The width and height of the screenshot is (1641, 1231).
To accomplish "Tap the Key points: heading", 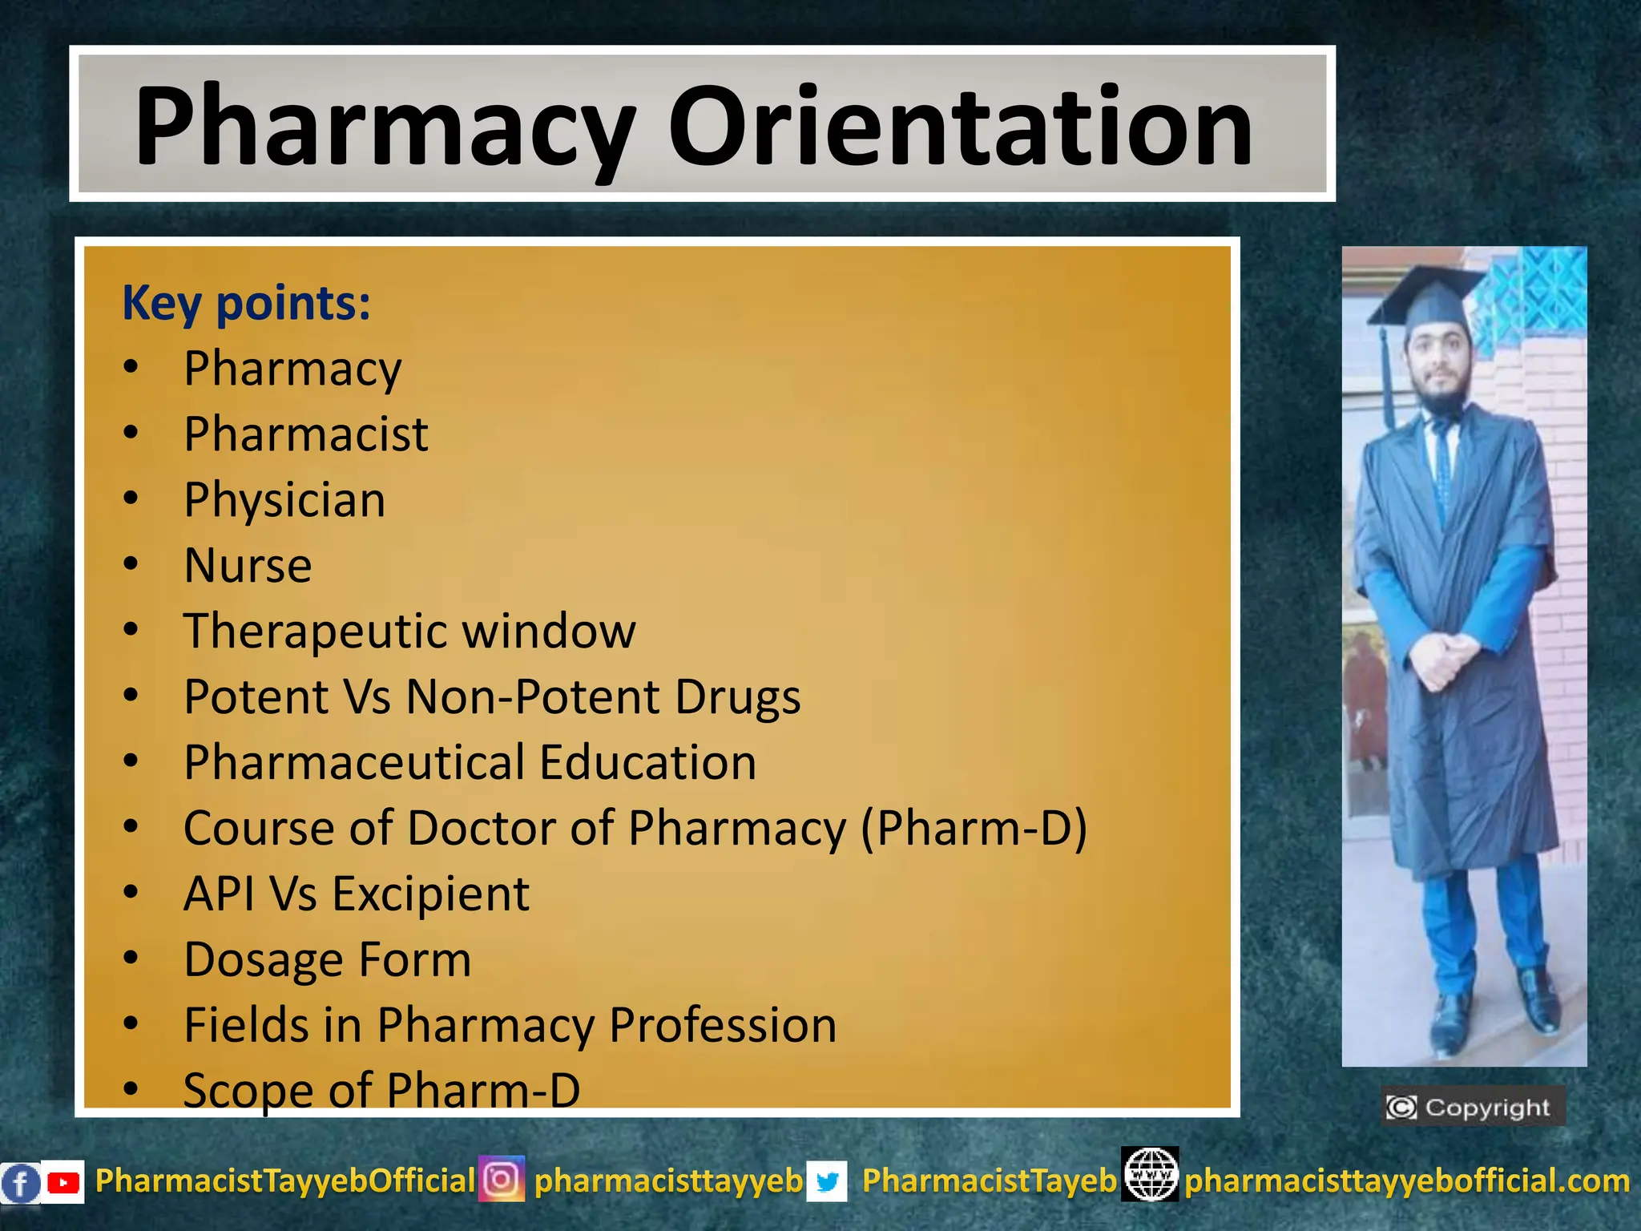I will point(246,304).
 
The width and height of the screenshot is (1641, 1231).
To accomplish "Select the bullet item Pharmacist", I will point(305,434).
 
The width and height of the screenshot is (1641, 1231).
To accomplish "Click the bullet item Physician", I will point(284,500).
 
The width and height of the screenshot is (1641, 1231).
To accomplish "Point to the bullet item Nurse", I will point(248,566).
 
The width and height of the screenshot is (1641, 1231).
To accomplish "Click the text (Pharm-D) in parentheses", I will point(974,828).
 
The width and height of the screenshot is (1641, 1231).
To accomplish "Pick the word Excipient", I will point(430,894).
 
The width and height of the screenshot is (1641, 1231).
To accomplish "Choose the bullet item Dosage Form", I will point(327,959).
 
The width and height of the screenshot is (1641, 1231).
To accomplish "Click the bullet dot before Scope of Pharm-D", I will point(131,1089).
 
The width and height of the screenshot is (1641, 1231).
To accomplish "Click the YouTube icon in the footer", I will point(62,1182).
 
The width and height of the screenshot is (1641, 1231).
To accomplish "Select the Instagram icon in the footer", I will point(502,1179).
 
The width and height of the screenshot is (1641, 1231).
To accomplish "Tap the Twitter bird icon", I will point(827,1181).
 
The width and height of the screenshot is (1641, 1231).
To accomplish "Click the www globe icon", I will point(1150,1174).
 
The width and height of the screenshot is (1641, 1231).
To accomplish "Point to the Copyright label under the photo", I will point(1473,1108).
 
